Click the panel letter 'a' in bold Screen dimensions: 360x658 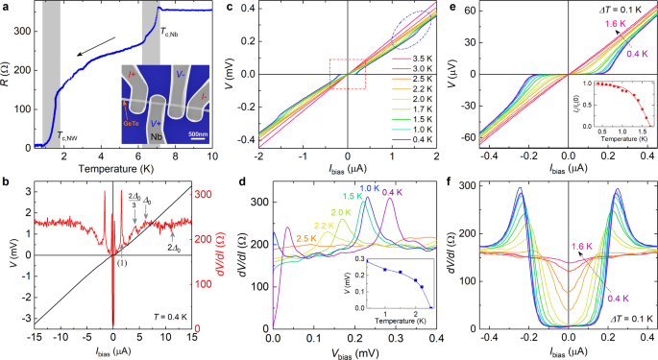pos(5,7)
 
